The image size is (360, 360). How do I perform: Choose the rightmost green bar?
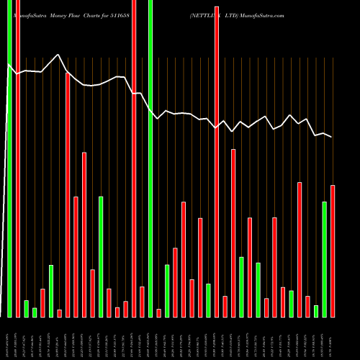(x=325, y=259)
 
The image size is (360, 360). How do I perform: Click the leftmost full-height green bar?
(x=10, y=158)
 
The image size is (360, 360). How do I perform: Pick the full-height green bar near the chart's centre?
(x=150, y=158)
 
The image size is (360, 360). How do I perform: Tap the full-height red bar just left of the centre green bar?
(x=134, y=158)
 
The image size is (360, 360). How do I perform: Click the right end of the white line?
(x=332, y=137)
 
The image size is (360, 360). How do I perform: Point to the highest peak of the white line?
(x=58, y=55)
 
